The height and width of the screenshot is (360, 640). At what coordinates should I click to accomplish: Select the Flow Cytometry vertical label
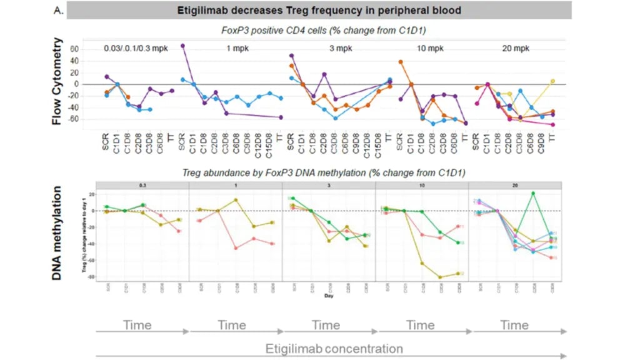[x=57, y=81]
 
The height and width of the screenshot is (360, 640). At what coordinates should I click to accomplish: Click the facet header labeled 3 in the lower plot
[x=329, y=186]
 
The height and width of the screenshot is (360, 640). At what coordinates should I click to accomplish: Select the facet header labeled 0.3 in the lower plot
[x=142, y=186]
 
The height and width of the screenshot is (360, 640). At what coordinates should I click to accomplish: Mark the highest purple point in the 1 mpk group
[x=182, y=46]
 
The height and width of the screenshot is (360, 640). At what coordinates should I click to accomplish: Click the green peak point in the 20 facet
[x=533, y=193]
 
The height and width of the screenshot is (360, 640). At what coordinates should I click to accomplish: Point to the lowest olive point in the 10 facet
[x=441, y=277]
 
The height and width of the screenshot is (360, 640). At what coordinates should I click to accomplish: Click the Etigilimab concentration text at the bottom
[x=334, y=349]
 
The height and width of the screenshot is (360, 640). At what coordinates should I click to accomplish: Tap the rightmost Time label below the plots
[x=514, y=325]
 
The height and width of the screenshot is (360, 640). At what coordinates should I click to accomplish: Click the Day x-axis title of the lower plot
[x=328, y=296]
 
